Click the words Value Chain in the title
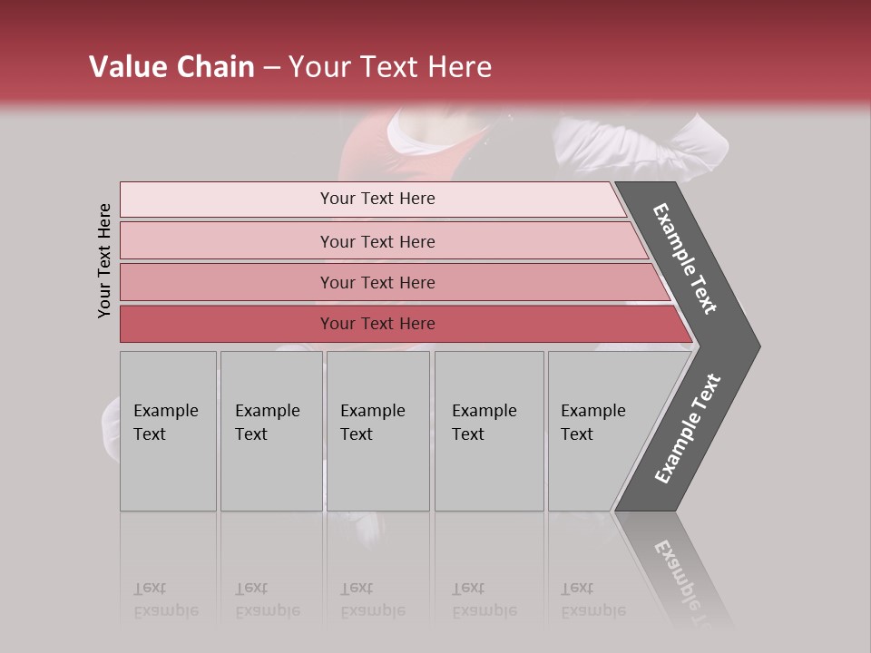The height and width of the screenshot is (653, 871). coord(171,67)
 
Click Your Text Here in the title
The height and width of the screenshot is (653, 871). coord(390,67)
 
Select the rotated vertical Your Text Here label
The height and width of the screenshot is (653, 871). coord(104,260)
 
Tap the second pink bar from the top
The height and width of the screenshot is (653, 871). coord(377,241)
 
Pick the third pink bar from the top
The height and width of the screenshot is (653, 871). coord(377,282)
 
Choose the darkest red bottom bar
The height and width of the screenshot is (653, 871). coord(377,324)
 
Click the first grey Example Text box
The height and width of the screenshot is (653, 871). coord(168,431)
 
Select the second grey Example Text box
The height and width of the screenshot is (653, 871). coord(271,431)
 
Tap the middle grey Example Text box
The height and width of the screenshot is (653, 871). coord(377,431)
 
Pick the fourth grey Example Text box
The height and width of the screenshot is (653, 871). coord(489,431)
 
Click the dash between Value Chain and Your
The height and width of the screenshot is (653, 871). coord(271,68)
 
